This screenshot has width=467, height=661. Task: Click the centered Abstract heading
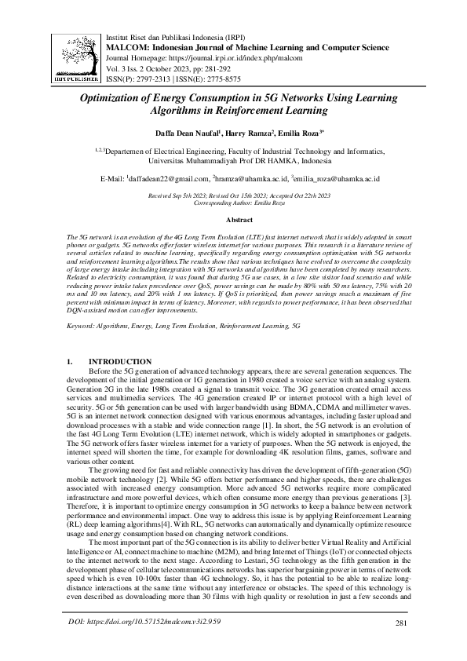click(x=234, y=221)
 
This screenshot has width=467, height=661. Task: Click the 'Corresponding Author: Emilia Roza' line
click(x=234, y=202)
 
